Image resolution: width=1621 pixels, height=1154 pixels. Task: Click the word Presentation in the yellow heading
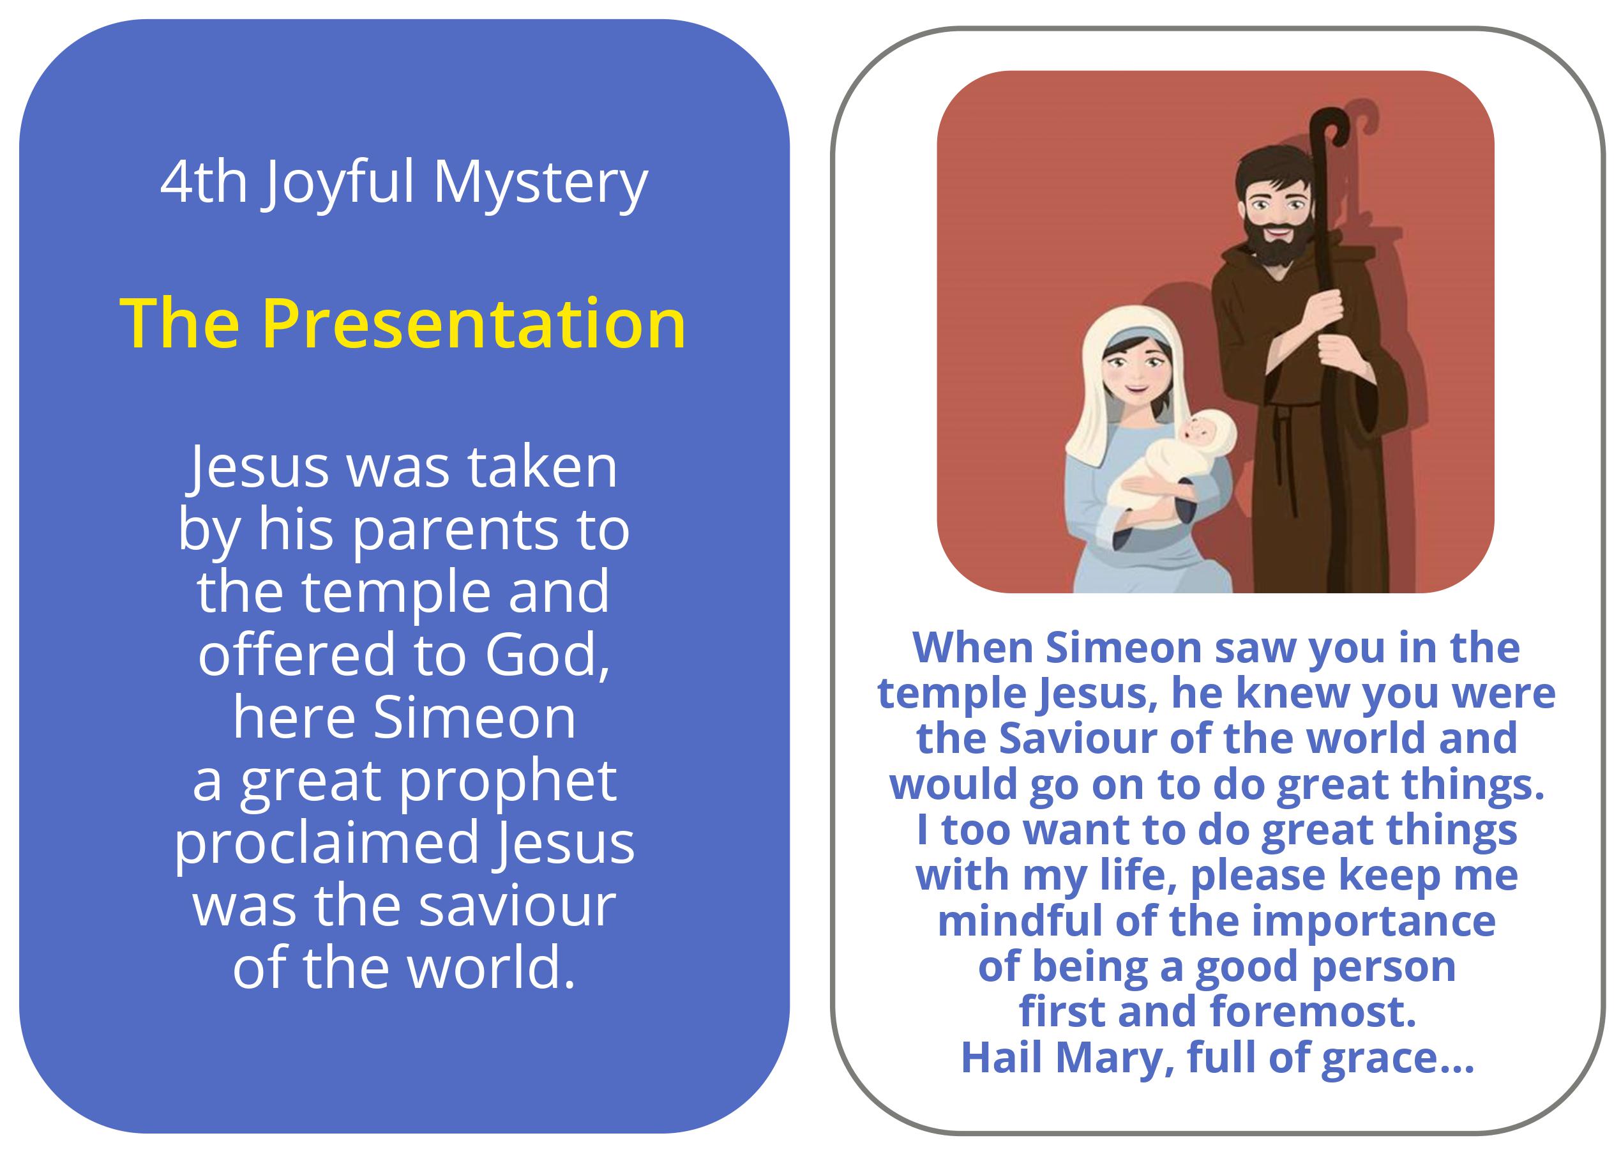[474, 324]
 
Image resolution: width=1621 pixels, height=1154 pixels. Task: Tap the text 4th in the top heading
[204, 182]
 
